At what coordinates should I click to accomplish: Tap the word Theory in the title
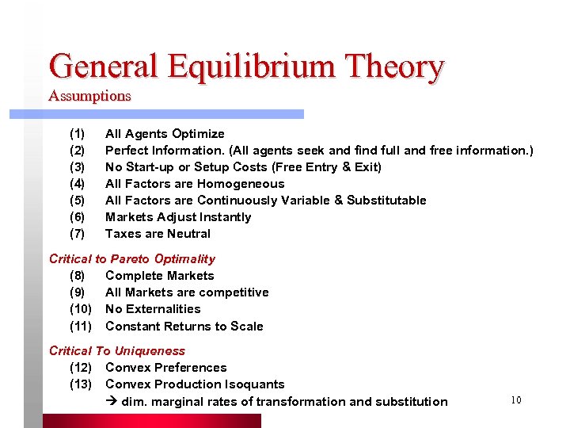coord(393,67)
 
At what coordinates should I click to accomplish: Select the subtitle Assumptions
coord(89,96)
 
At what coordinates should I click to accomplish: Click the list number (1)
coord(78,133)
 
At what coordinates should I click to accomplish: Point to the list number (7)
coord(78,233)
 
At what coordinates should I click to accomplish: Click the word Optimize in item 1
coord(198,133)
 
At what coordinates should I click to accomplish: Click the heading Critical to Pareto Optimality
coord(132,258)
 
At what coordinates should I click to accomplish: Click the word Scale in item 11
coord(245,326)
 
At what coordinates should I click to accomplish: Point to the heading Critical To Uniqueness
coord(117,350)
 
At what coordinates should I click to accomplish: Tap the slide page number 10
coord(515,399)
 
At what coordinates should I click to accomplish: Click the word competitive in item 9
coord(232,292)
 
